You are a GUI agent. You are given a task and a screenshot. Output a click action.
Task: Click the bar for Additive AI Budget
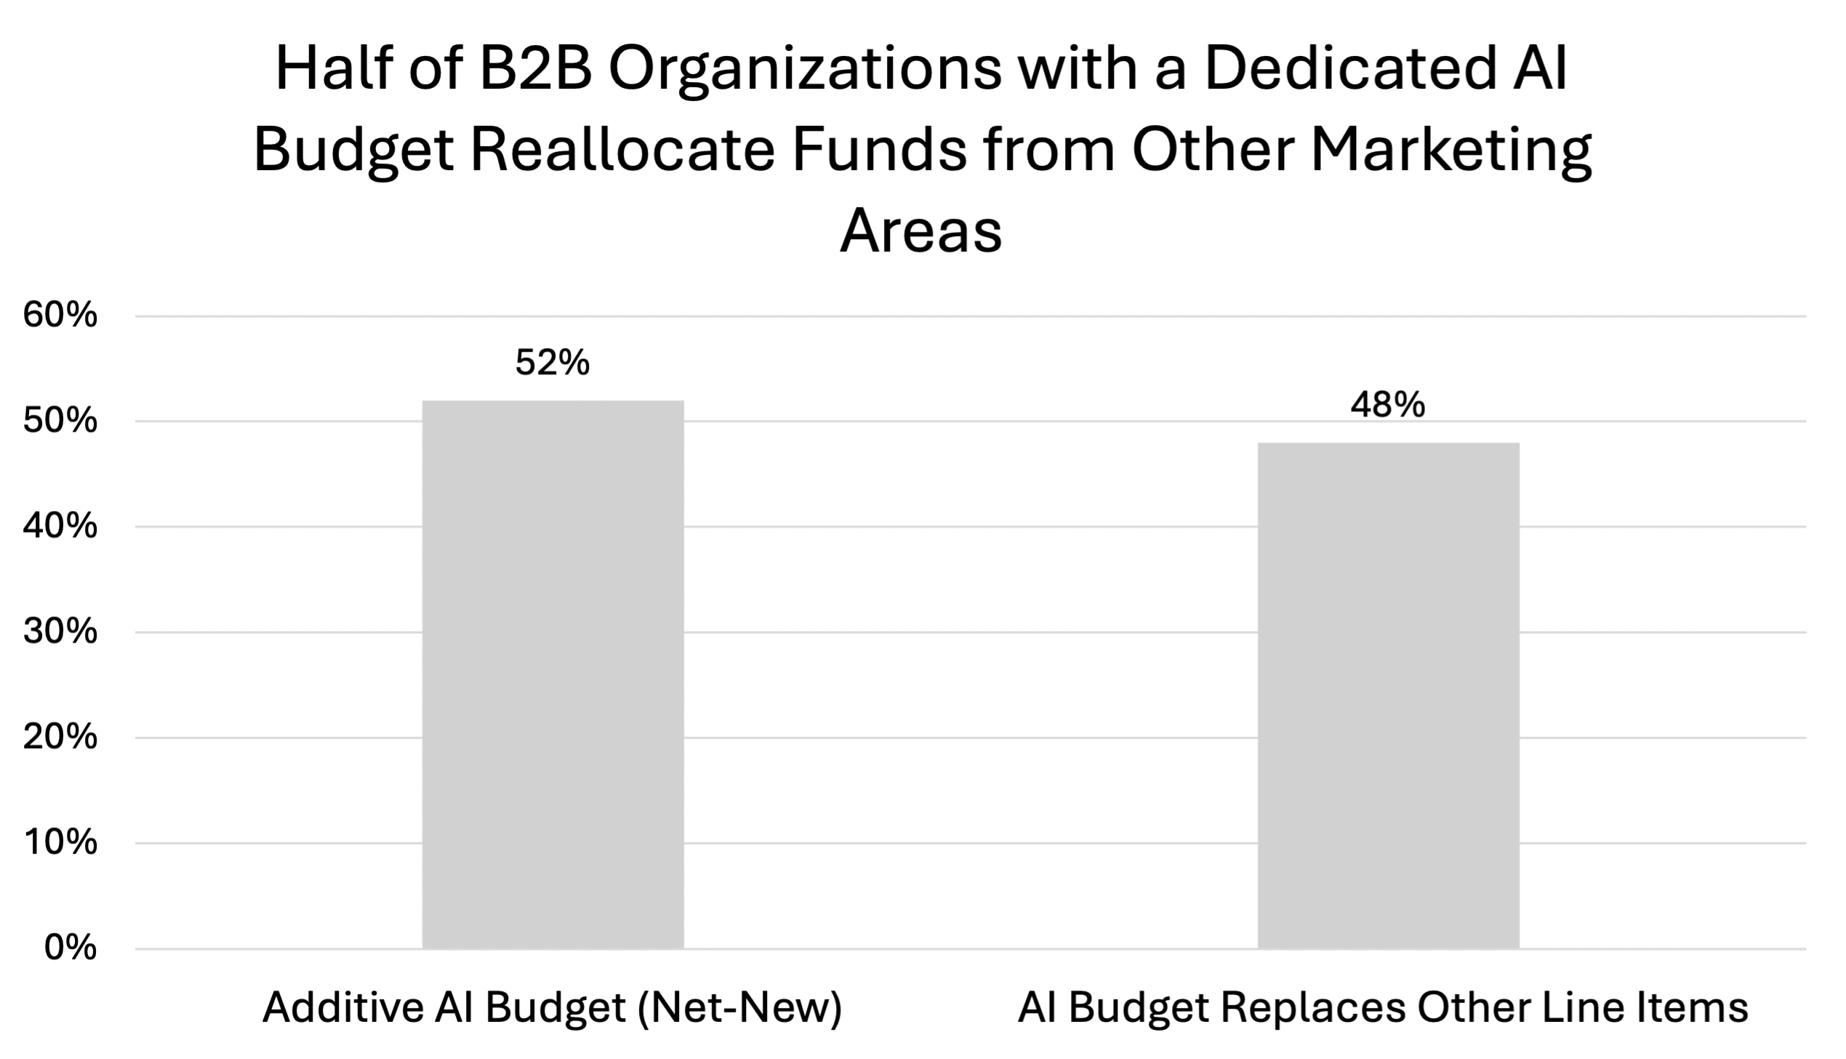(x=553, y=675)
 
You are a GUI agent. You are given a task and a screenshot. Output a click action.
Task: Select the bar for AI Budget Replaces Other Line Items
(x=1389, y=696)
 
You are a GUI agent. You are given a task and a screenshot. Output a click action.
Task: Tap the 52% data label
(x=553, y=362)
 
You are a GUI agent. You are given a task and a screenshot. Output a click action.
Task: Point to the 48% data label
(x=1389, y=404)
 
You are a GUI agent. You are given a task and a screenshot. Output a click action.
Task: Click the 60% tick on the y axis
(x=60, y=315)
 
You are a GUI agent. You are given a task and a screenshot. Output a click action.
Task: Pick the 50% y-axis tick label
(x=60, y=421)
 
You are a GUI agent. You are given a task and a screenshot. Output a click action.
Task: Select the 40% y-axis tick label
(x=60, y=526)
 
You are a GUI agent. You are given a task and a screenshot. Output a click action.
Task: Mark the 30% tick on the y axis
(x=60, y=632)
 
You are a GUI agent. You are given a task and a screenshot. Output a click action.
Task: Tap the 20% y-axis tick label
(x=60, y=738)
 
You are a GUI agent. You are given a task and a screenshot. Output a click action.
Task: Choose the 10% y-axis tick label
(x=60, y=843)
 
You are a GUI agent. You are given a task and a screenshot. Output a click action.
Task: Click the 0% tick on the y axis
(x=71, y=949)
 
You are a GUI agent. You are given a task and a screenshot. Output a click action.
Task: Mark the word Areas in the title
(x=920, y=232)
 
